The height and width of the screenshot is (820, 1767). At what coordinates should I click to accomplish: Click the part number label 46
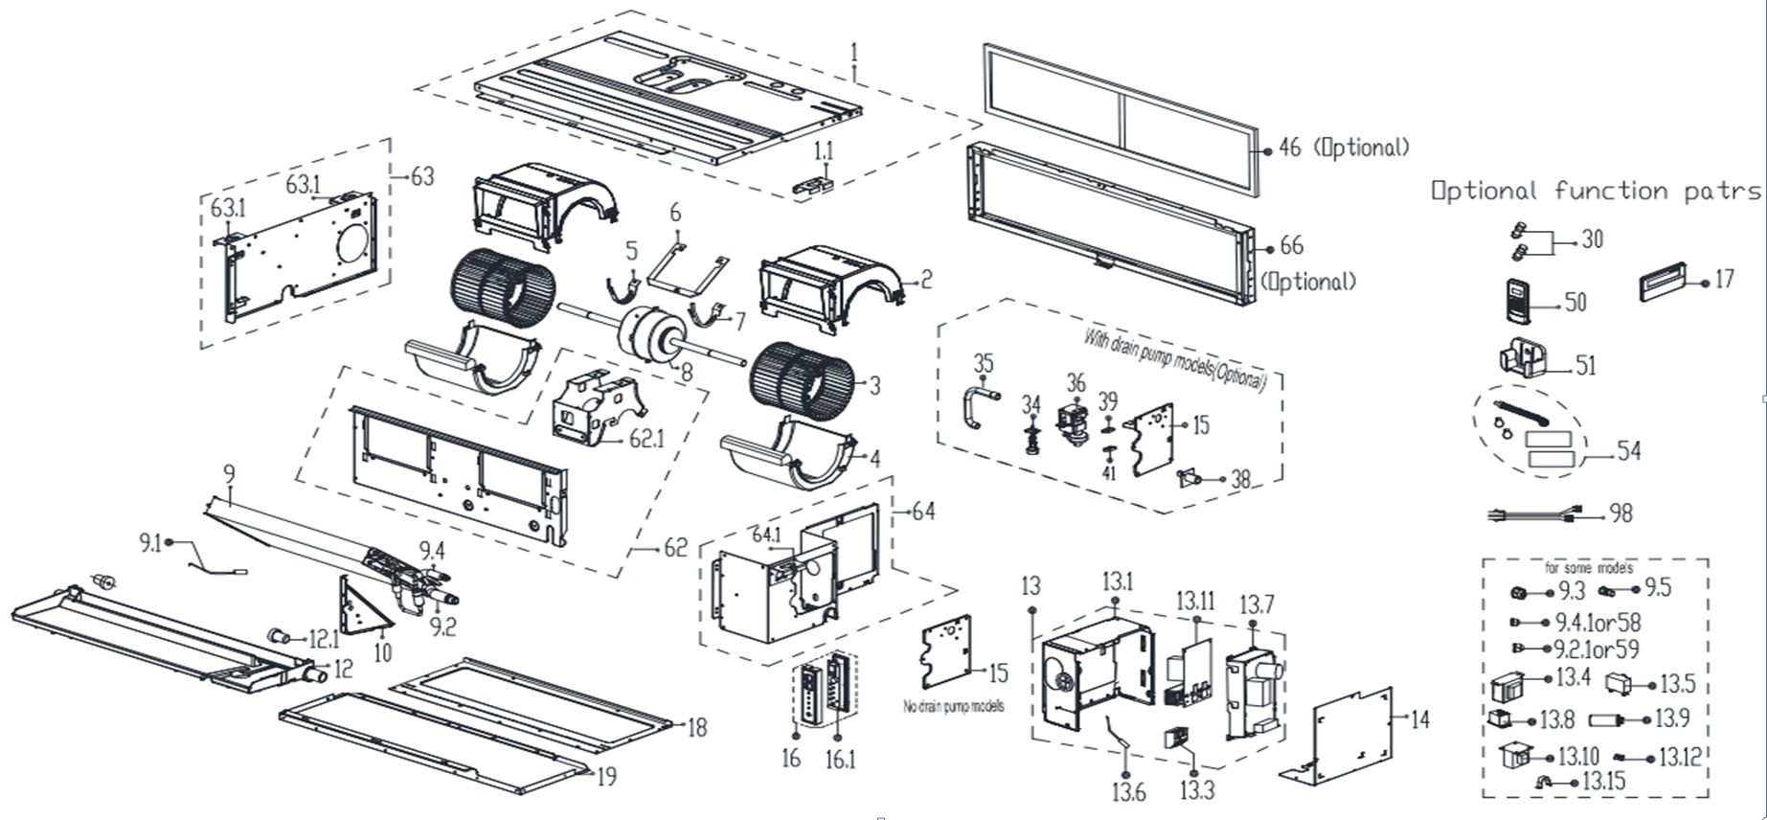click(1290, 148)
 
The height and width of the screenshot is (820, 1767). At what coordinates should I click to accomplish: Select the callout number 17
click(1724, 280)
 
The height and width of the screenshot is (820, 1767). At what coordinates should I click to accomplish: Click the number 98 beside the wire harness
click(1620, 513)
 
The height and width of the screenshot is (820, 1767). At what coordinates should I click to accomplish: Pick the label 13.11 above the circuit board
click(1195, 601)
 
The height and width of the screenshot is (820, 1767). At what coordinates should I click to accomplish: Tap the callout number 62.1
click(646, 439)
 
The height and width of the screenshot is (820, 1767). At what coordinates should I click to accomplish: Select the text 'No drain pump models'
click(954, 707)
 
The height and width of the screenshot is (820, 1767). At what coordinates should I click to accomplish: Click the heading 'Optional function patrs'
click(1596, 191)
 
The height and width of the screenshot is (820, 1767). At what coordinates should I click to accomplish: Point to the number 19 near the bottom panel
click(605, 776)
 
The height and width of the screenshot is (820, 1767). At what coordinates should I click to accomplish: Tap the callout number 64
click(923, 512)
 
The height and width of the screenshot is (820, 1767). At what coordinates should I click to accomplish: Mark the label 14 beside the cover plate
click(1419, 718)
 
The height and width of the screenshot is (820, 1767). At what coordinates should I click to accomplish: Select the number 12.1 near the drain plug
click(323, 638)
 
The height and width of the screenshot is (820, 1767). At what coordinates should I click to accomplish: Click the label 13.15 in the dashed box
click(1603, 782)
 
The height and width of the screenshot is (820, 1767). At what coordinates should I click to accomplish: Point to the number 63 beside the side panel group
click(421, 176)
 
